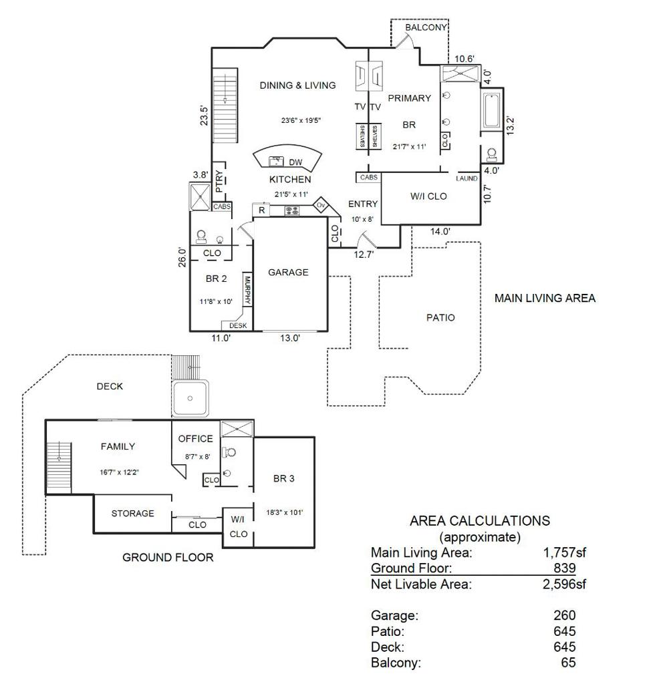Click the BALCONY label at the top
tap(426, 27)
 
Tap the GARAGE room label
tap(288, 272)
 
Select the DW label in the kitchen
tap(295, 162)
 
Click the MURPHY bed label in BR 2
tap(247, 291)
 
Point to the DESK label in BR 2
tap(238, 326)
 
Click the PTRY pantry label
tap(219, 180)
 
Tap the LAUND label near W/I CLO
tap(466, 178)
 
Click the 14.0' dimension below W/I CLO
tap(440, 232)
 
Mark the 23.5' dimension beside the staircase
tap(204, 115)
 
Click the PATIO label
tap(440, 317)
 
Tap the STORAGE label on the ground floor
tap(132, 513)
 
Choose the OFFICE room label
tap(196, 439)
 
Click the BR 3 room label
tap(283, 478)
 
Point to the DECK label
tap(110, 386)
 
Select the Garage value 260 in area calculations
tap(564, 615)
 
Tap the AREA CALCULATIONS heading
tap(479, 521)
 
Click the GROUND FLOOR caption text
tap(168, 557)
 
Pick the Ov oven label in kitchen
tap(321, 205)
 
